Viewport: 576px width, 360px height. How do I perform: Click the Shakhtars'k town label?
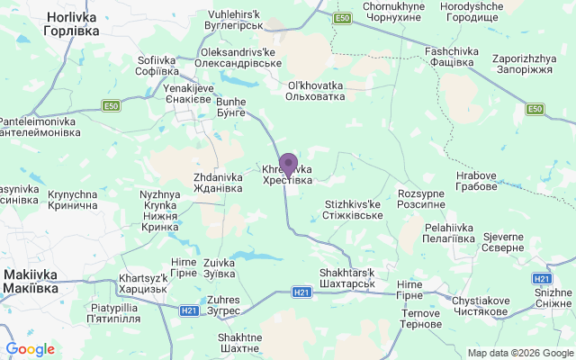point(346,278)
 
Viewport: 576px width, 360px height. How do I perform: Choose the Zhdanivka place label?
point(217,184)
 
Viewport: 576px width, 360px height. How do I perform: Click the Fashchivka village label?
point(449,57)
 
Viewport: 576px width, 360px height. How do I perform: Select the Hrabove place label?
point(476,181)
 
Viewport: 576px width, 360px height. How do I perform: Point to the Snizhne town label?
point(553,298)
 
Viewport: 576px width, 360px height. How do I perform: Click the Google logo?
point(30,349)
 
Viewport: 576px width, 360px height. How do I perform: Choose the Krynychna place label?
point(73,200)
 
